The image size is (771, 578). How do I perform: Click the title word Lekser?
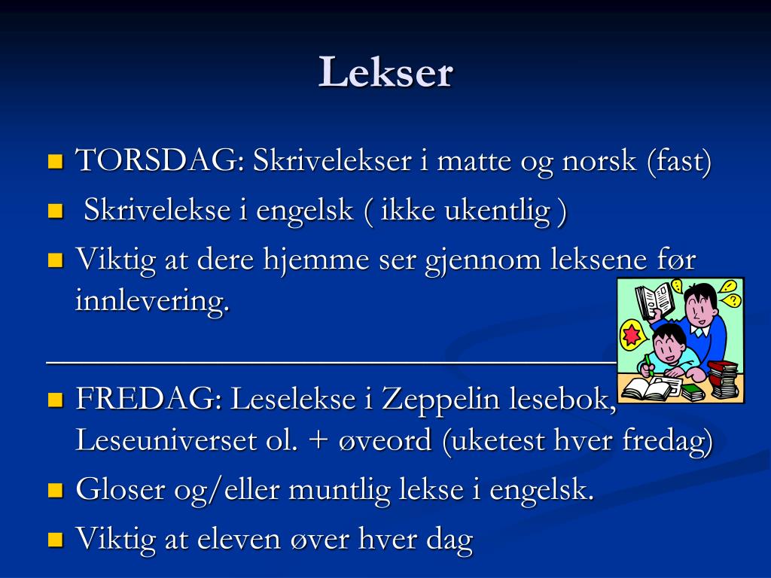(x=385, y=73)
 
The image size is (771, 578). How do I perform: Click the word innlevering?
(x=151, y=302)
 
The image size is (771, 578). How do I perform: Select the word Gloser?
(x=120, y=490)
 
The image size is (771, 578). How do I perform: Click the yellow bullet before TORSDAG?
(x=55, y=161)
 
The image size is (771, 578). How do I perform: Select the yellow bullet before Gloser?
(x=55, y=491)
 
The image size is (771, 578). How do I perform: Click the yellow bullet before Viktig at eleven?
(x=55, y=539)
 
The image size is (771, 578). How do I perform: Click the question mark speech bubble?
(x=730, y=300)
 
